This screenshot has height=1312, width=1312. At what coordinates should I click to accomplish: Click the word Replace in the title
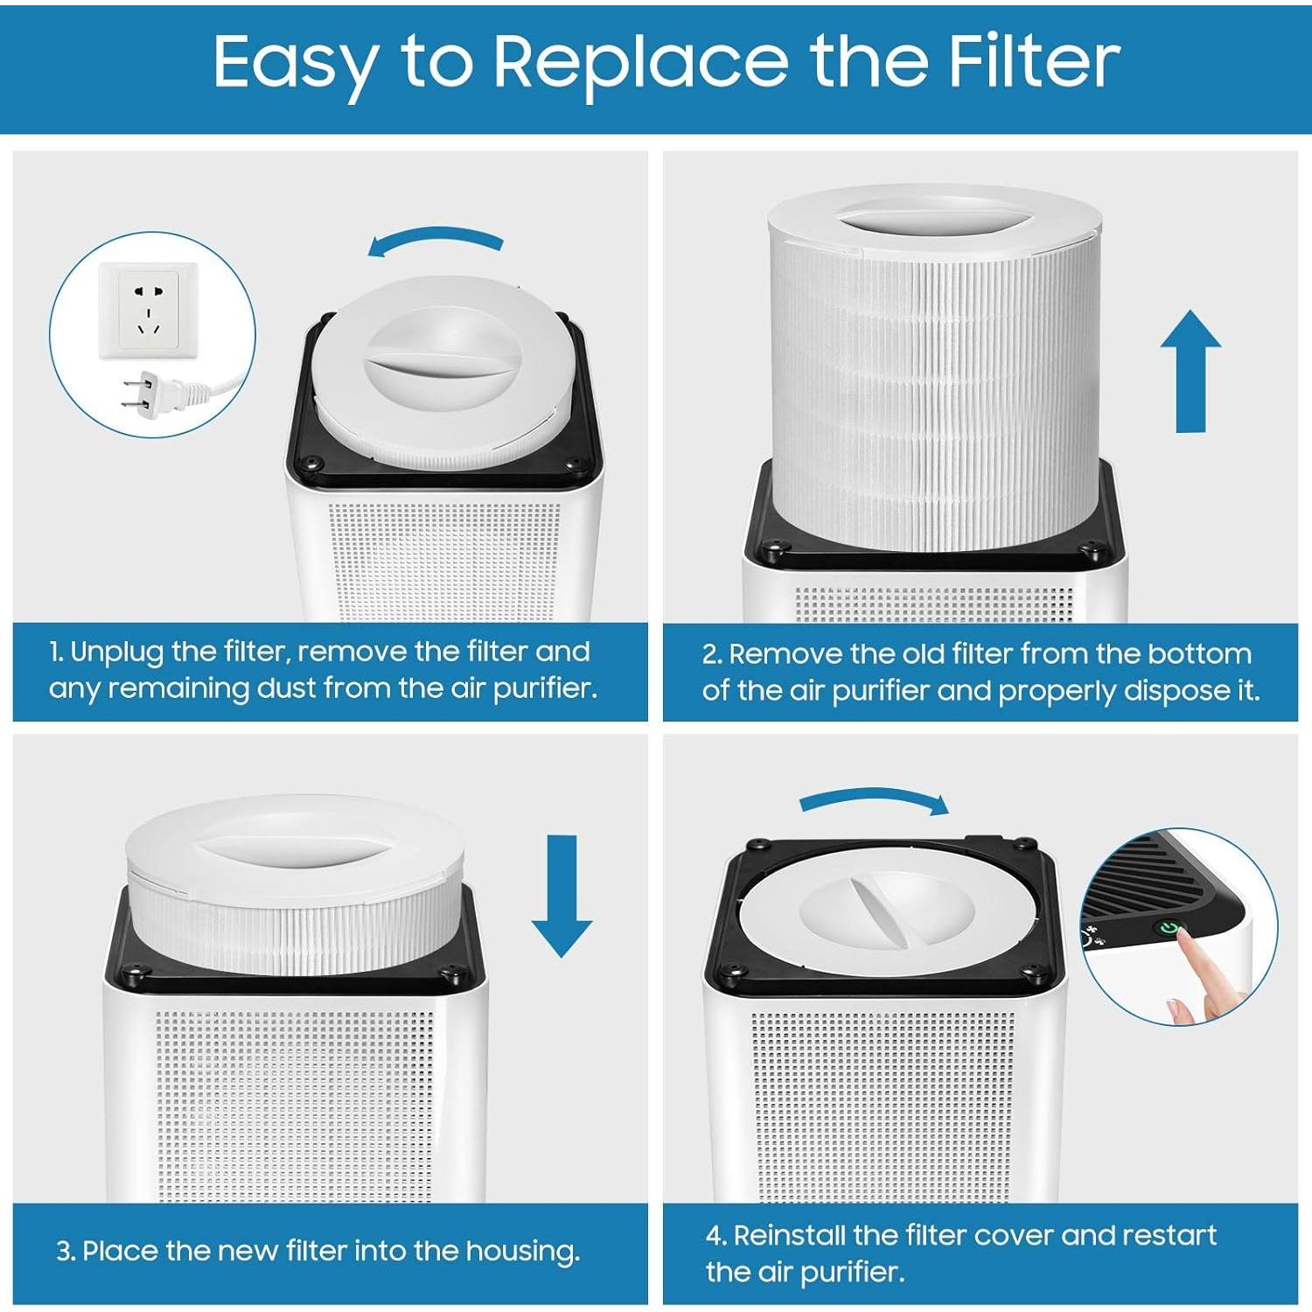tap(640, 63)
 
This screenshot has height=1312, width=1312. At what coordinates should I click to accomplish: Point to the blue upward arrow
tap(1190, 371)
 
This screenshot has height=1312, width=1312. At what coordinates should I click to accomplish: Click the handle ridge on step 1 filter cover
tap(442, 364)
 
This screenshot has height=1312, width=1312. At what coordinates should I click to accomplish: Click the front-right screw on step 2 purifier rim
tap(1090, 550)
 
